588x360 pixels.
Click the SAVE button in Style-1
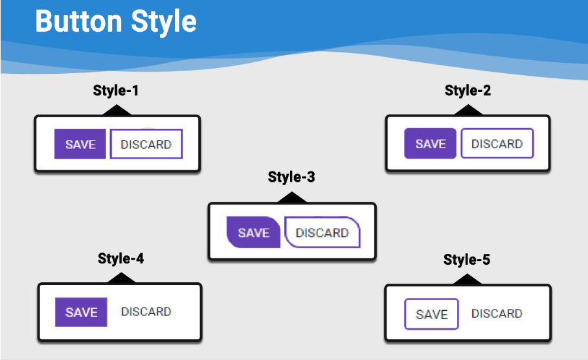coord(80,144)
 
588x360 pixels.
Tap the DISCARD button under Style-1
coord(146,144)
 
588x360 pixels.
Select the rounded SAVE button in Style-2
coord(430,144)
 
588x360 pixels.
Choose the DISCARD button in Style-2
coord(497,144)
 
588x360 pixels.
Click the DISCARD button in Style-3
coord(322,232)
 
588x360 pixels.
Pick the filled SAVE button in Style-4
coord(81,312)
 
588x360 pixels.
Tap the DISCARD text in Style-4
coord(146,311)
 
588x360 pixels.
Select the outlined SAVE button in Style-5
coord(432,314)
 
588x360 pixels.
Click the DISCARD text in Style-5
coord(497,313)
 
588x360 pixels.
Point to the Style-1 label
coord(116,91)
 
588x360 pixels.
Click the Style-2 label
coord(468,91)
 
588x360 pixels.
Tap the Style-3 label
coord(291,177)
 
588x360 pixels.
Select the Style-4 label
coord(120,259)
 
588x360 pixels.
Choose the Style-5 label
coord(467,260)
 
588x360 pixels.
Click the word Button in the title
coord(79,21)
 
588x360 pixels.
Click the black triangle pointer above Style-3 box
coord(292,197)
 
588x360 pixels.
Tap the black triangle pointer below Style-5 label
coord(468,279)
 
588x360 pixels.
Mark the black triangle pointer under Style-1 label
coord(117,110)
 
